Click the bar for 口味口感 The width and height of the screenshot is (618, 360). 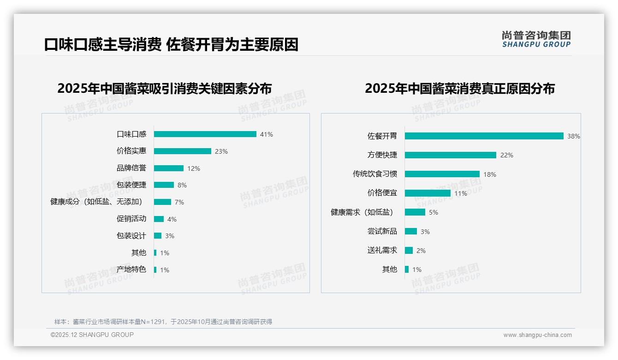tap(205, 134)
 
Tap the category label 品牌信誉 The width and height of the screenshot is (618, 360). tap(131, 168)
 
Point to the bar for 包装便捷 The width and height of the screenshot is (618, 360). tap(164, 185)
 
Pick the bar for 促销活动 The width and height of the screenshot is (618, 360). tap(159, 219)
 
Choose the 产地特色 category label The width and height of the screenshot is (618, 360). tap(131, 270)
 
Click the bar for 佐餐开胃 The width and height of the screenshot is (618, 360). tap(484, 136)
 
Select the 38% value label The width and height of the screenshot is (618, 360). tap(574, 137)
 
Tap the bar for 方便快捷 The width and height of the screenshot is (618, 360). tap(450, 155)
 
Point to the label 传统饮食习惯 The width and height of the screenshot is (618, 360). tap(375, 174)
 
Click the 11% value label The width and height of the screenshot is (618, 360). tap(461, 193)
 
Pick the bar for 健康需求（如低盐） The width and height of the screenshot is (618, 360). tap(415, 212)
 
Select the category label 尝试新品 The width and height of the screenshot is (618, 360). tap(382, 231)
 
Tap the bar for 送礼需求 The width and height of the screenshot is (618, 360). tap(409, 250)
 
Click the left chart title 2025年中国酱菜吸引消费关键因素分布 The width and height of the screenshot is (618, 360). tap(165, 88)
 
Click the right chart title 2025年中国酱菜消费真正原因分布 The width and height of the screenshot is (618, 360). tap(459, 88)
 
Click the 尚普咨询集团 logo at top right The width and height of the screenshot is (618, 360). tap(536, 39)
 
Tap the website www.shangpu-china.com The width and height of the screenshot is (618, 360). tap(537, 335)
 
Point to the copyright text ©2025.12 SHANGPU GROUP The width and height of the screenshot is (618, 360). tap(92, 335)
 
